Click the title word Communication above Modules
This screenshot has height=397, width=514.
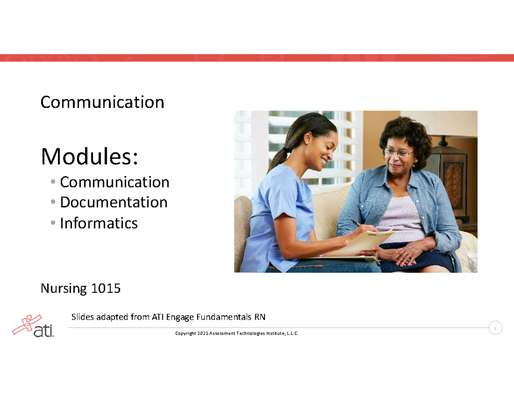pyautogui.click(x=102, y=102)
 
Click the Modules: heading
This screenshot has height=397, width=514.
pyautogui.click(x=90, y=157)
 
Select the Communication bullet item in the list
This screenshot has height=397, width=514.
pyautogui.click(x=114, y=182)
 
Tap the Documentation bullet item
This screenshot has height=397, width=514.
pyautogui.click(x=114, y=202)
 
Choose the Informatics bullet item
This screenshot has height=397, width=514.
pyautogui.click(x=99, y=223)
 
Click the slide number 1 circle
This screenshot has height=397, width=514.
pyautogui.click(x=495, y=328)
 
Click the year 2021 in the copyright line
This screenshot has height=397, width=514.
pyautogui.click(x=203, y=334)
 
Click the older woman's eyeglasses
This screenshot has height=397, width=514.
pyautogui.click(x=398, y=152)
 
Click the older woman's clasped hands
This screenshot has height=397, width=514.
pyautogui.click(x=400, y=255)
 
